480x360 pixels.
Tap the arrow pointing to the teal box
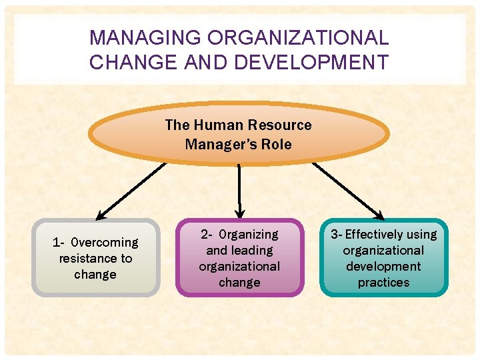348,191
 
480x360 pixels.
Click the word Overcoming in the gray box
105,242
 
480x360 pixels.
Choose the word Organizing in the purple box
249,234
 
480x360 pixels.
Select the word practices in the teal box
383,282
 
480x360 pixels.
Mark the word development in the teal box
383,266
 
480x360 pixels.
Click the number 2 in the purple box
205,234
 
